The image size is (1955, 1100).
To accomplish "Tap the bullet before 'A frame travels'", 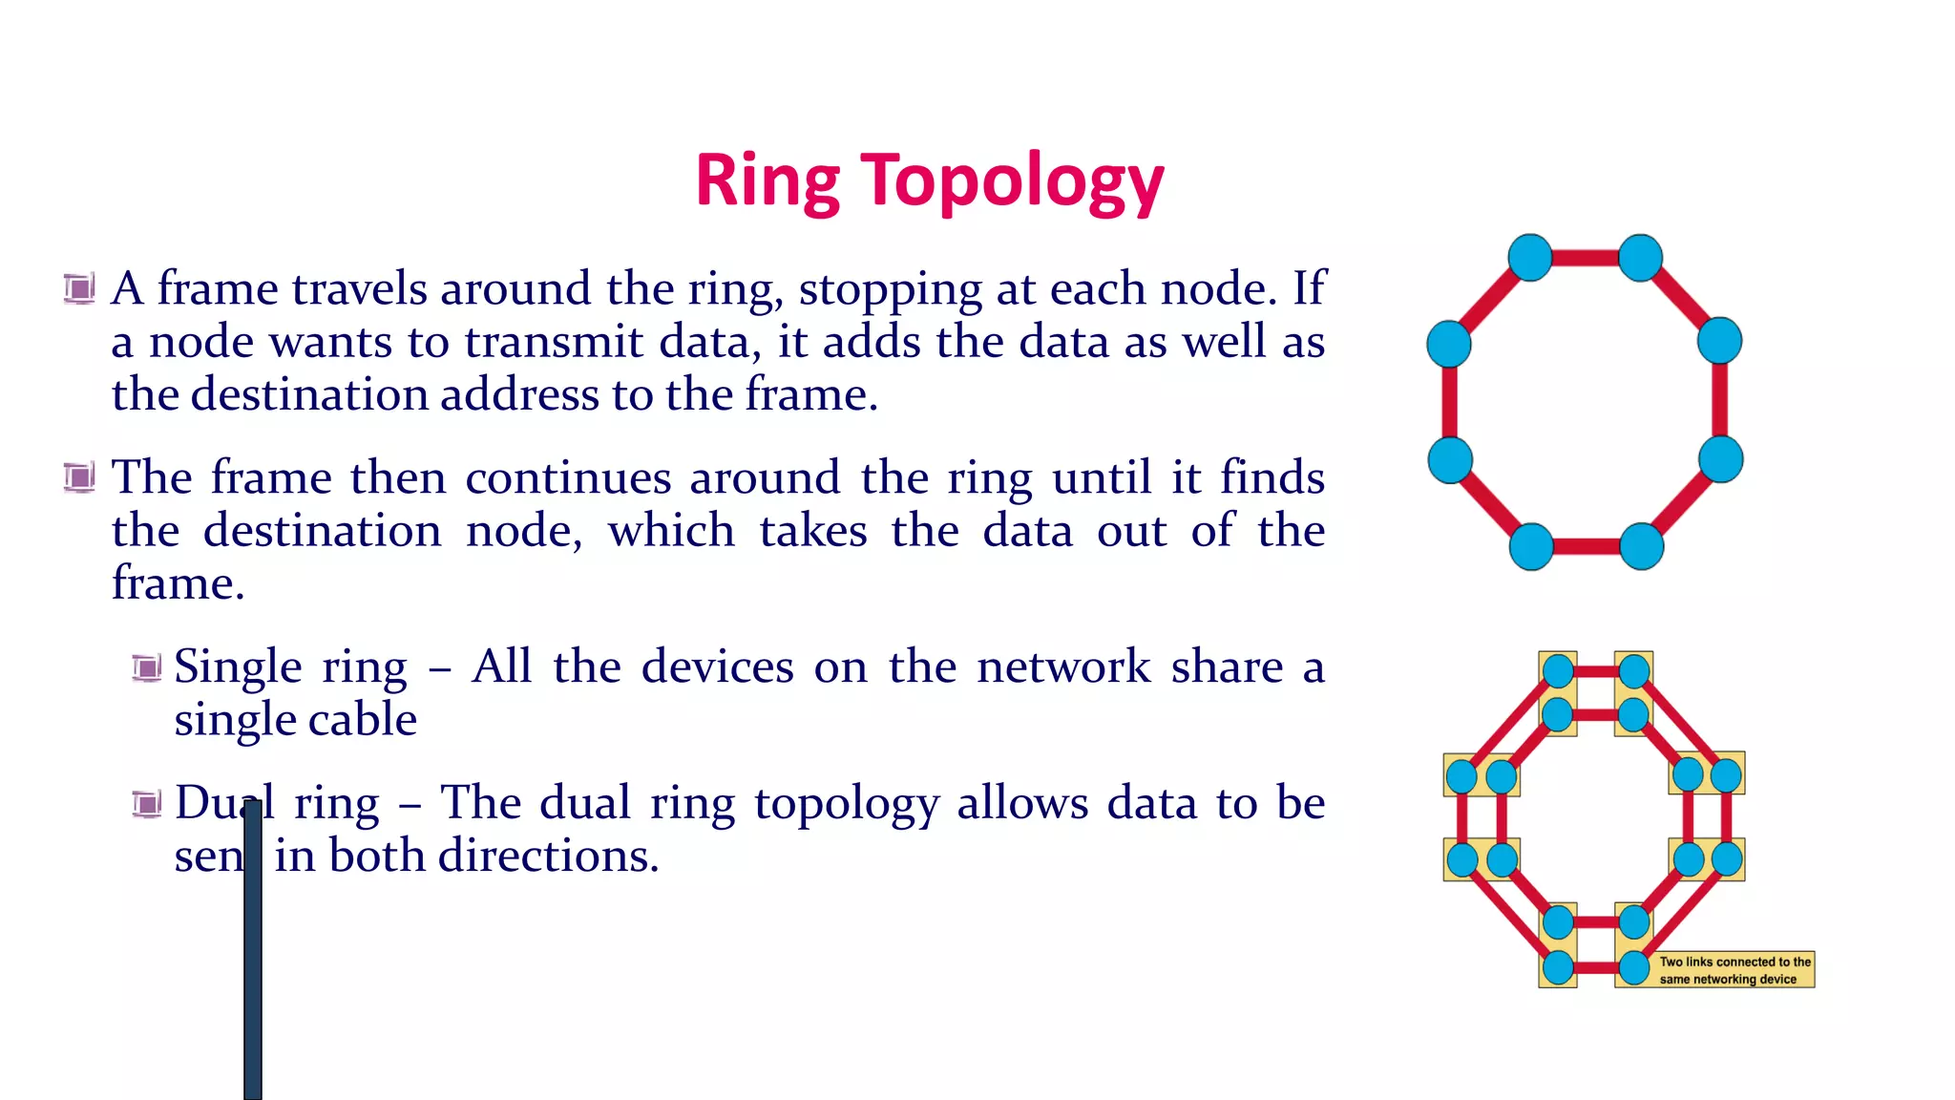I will pyautogui.click(x=79, y=287).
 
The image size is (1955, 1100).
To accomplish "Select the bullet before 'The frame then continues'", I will pyautogui.click(x=79, y=476).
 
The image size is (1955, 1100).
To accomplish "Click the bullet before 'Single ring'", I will pyautogui.click(x=147, y=667).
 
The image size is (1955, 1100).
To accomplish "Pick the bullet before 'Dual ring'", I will pyautogui.click(x=147, y=804).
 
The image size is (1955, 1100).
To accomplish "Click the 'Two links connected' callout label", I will pyautogui.click(x=1734, y=970).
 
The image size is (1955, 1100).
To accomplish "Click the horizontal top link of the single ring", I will pyautogui.click(x=1585, y=258).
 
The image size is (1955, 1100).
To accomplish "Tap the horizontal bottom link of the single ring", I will pyautogui.click(x=1587, y=547).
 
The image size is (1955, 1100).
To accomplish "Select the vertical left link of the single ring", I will pyautogui.click(x=1449, y=401).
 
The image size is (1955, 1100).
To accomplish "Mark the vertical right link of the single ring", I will pyautogui.click(x=1720, y=401).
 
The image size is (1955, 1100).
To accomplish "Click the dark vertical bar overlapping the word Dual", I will pyautogui.click(x=253, y=955).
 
